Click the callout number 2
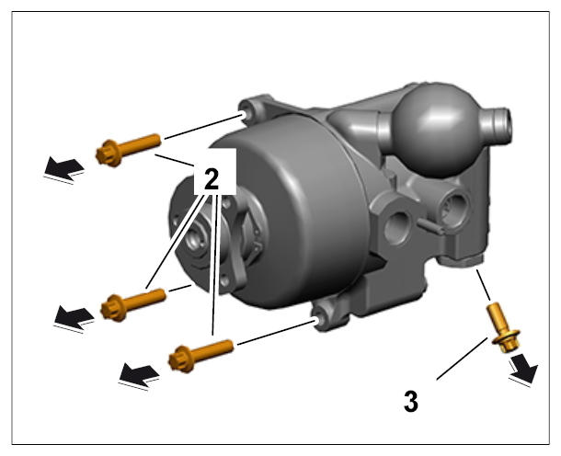coord(212,179)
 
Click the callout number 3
coord(411,401)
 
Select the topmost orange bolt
coord(128,150)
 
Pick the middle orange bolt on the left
coord(133,304)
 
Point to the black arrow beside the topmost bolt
coord(63,168)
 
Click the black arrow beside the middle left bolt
coord(74,317)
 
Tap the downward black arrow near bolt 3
coord(524,370)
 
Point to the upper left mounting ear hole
coord(245,115)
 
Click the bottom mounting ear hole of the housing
coord(318,320)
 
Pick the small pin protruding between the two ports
coord(430,226)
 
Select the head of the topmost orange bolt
coord(109,154)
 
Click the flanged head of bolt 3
coord(507,341)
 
